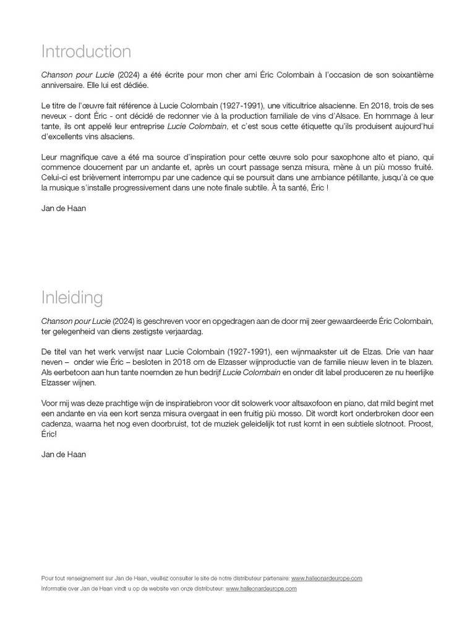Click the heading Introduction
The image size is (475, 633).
pos(86,51)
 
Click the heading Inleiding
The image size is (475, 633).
pos(72,297)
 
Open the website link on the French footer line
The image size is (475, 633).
pos(326,578)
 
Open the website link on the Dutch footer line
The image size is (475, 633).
pos(261,588)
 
